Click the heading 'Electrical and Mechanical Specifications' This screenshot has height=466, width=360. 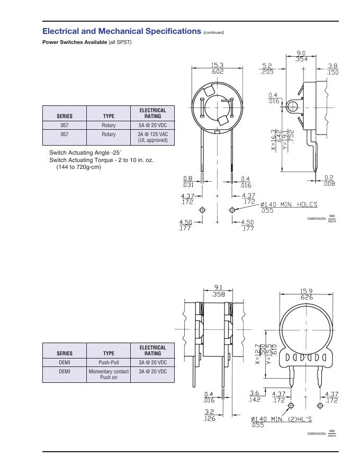pos(121,31)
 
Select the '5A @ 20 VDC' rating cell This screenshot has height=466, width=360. pos(152,125)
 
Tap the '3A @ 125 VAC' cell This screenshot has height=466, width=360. pos(152,137)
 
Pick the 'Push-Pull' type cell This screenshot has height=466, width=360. pos(109,362)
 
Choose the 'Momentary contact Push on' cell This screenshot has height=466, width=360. pos(109,374)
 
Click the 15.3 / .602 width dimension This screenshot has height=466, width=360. pos(217,68)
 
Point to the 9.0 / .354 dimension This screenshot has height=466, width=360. pos(301,56)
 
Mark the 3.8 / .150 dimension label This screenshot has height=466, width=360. pos(332,69)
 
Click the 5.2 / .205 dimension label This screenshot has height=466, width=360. pos(267,69)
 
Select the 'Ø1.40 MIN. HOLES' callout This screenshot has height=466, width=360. pos(289,208)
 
